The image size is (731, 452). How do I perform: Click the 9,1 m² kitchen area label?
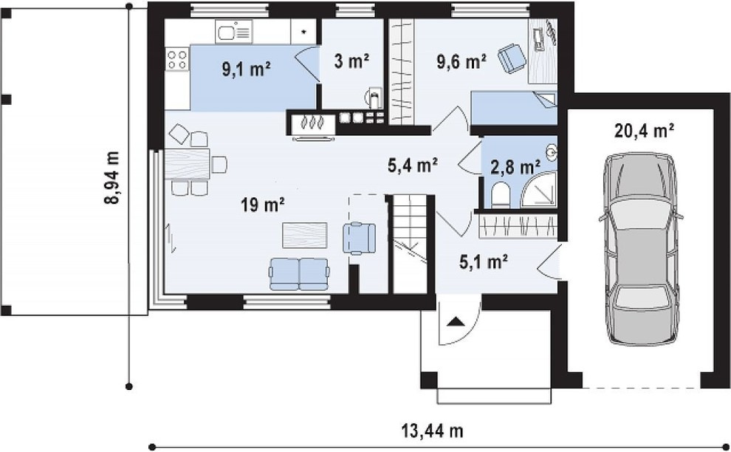pos(246,70)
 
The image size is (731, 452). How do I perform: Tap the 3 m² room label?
pos(351,61)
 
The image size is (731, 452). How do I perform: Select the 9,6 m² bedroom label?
pos(461,61)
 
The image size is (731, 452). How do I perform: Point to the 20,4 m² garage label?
pos(644,131)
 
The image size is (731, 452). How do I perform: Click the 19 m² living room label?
pos(263,204)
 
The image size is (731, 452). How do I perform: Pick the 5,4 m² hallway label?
pos(412,165)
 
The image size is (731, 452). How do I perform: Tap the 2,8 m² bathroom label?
pos(515,166)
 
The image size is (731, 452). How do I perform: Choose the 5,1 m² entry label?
pos(484,262)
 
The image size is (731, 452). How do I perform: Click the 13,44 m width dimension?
pos(432,430)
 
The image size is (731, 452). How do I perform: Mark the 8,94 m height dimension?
pos(112,178)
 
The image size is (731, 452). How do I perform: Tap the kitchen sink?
pos(233,32)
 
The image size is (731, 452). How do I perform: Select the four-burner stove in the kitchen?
pos(177,60)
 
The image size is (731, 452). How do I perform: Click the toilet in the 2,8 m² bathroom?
pos(500,194)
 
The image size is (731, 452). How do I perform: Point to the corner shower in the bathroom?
pos(539,191)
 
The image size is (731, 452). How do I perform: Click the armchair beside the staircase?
pos(359,239)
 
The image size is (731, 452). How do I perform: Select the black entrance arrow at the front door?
pos(455,321)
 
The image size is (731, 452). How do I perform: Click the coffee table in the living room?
pos(305,235)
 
